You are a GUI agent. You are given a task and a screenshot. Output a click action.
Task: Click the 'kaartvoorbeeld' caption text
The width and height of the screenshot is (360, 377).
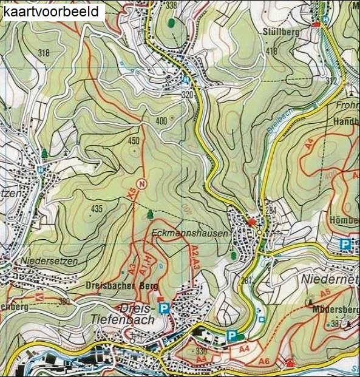[53, 12]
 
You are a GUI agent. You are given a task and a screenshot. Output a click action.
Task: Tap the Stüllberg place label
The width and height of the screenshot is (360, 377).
[282, 32]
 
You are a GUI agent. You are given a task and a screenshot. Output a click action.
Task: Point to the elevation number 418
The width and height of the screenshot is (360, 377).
[271, 51]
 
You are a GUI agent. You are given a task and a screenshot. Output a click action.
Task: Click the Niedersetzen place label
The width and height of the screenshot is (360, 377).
[42, 262]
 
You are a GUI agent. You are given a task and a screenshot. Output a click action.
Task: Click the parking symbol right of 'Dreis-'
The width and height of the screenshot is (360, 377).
[163, 308]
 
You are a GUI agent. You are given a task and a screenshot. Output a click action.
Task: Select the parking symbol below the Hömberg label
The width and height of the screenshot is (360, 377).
[345, 244]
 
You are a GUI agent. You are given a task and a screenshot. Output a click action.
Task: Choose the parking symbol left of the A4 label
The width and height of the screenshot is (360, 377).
[231, 335]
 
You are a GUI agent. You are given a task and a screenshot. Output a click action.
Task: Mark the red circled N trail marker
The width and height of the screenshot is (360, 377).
[141, 183]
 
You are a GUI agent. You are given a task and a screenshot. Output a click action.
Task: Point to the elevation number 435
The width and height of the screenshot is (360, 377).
[97, 209]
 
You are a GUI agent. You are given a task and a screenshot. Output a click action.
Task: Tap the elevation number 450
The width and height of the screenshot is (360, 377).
[134, 141]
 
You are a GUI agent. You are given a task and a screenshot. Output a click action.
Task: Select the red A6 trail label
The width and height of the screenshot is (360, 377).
[264, 361]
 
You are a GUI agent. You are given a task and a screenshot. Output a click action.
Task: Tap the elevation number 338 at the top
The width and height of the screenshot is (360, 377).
[171, 5]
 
